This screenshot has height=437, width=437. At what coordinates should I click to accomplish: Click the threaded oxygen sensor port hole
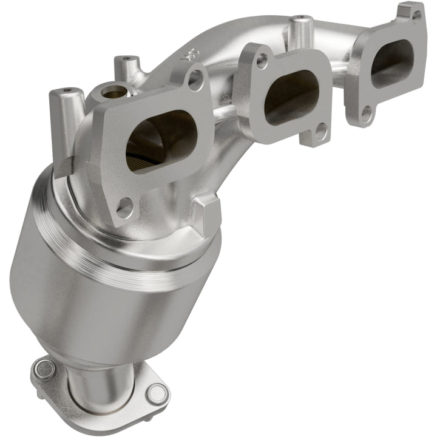click(112, 93)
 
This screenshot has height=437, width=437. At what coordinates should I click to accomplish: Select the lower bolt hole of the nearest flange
click(124, 208)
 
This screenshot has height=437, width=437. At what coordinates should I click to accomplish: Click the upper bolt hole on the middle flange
click(262, 60)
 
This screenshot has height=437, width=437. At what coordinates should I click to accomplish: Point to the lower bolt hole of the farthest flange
click(367, 112)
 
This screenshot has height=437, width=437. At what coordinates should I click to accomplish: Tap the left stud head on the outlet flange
click(43, 366)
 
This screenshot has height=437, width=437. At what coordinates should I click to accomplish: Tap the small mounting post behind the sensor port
click(126, 66)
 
